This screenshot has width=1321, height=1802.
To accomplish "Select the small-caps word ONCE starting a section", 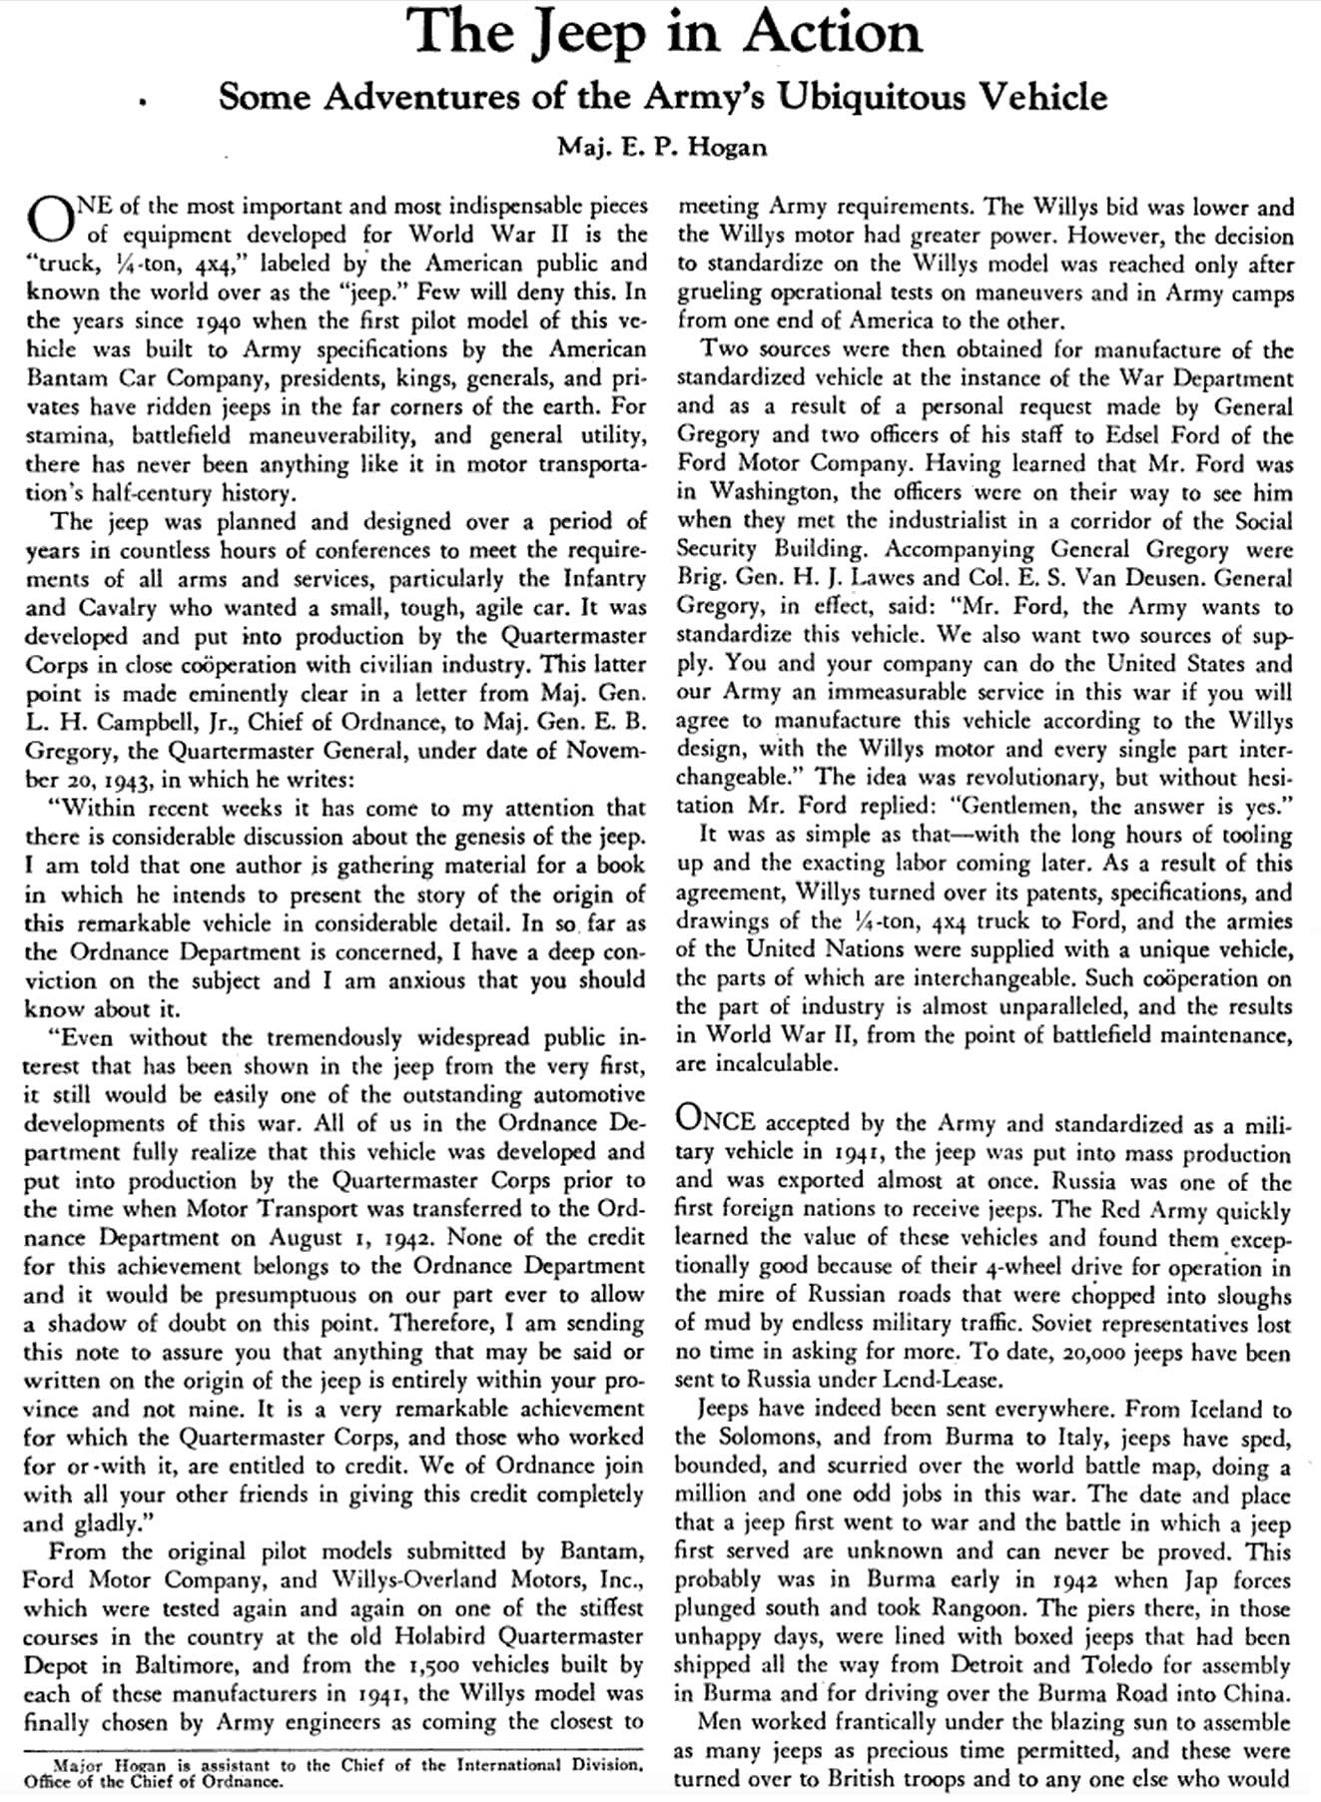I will (x=715, y=1123).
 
